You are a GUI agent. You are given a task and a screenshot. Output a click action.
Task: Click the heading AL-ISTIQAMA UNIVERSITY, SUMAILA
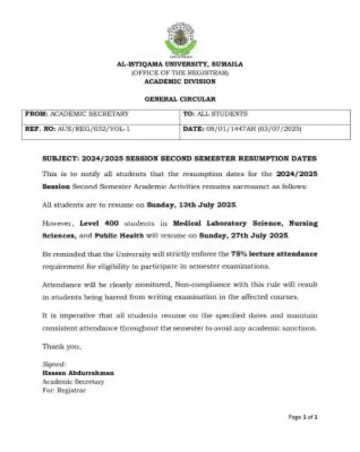[x=180, y=65]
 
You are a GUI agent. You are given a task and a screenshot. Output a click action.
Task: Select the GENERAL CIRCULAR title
[x=180, y=98]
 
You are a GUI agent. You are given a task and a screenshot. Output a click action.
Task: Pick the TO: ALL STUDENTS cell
[x=206, y=114]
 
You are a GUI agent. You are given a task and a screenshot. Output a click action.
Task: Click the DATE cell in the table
[x=241, y=129]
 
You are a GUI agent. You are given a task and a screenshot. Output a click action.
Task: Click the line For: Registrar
[x=64, y=390]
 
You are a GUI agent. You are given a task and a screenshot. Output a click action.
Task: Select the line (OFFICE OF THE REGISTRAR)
[x=180, y=73]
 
